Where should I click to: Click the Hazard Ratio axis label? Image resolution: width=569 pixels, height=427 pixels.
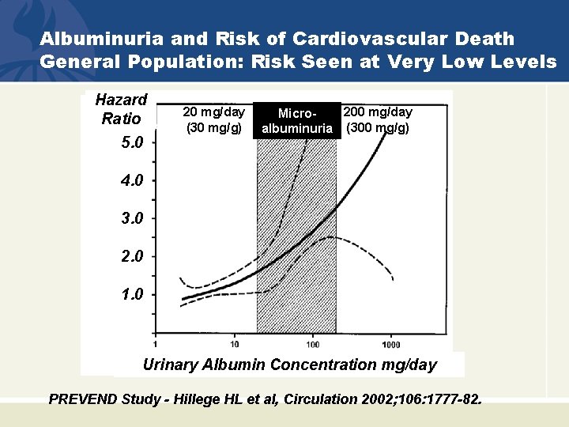pos(121,109)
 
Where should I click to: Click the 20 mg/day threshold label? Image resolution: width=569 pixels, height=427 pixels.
pos(213,112)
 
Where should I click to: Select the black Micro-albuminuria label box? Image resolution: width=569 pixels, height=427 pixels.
pos(296,123)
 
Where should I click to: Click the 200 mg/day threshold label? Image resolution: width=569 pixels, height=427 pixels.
pos(377,112)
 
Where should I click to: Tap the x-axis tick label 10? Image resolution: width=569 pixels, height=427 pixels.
pos(235,344)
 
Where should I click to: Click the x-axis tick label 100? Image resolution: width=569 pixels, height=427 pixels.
pos(313,344)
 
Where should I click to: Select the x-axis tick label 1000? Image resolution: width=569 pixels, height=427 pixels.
pos(390,344)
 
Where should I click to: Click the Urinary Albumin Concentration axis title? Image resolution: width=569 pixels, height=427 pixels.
pos(289,365)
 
